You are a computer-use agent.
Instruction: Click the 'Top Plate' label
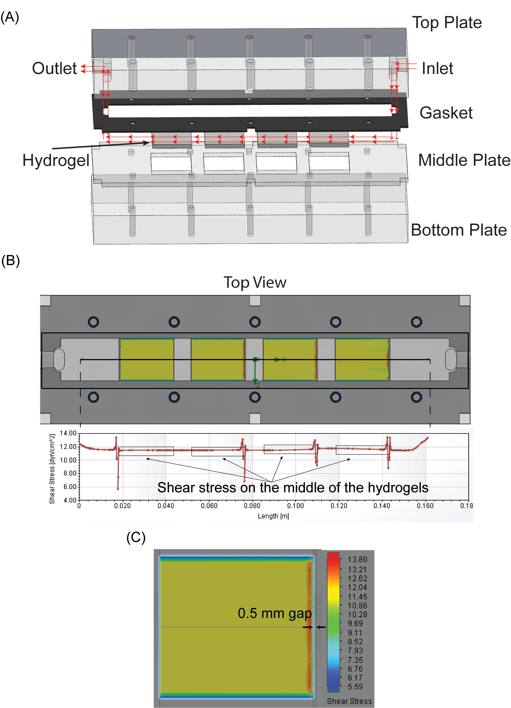(x=447, y=23)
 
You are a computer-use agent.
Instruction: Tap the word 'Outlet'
(x=54, y=68)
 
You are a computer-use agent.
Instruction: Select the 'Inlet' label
(x=437, y=68)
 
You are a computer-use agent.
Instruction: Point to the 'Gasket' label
(x=446, y=113)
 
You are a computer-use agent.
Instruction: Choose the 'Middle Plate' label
(x=464, y=160)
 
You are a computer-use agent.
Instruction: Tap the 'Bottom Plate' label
(x=459, y=230)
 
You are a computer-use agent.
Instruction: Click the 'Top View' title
(x=255, y=282)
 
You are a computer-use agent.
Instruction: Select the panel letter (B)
(x=10, y=261)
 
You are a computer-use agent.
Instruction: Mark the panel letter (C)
(x=136, y=537)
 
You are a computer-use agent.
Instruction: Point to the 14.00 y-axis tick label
(x=68, y=433)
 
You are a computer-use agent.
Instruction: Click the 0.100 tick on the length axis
(x=296, y=506)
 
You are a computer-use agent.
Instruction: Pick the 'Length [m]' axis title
(x=274, y=516)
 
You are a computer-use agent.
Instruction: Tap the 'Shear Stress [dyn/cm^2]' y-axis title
(x=52, y=469)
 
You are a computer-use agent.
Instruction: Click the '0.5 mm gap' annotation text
(x=275, y=614)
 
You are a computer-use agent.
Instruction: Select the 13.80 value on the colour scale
(x=357, y=560)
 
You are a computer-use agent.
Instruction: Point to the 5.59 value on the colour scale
(x=355, y=687)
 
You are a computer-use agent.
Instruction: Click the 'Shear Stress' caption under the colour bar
(x=350, y=701)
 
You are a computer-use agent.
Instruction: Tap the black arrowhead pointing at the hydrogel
(x=146, y=143)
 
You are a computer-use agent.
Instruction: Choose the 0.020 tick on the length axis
(x=122, y=506)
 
